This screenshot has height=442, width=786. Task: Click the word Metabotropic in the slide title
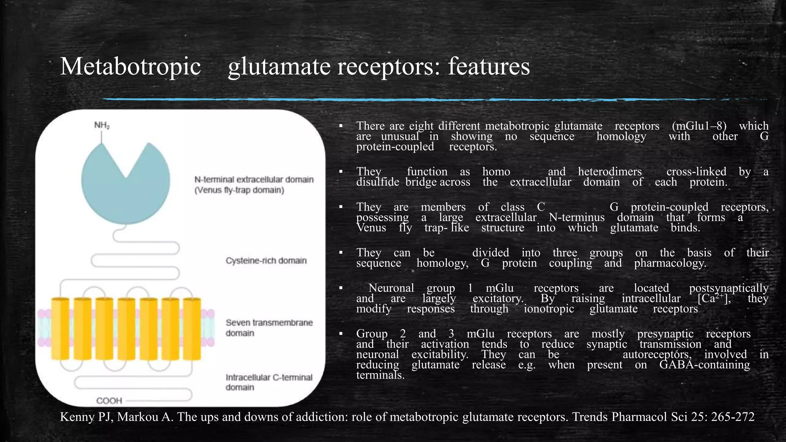tap(130, 66)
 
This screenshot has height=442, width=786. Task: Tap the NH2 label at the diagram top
tap(102, 125)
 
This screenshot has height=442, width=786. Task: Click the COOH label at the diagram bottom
tap(109, 401)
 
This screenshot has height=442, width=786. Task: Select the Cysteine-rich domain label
tap(266, 261)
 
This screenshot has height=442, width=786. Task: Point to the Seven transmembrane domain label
tap(269, 328)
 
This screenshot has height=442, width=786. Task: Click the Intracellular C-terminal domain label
tap(269, 382)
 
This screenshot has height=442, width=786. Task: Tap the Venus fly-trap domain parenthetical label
tap(239, 190)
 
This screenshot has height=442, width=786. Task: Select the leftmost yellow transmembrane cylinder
tap(60, 329)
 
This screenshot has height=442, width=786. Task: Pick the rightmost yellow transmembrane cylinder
tap(192, 329)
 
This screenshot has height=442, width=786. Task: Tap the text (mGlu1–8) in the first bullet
tap(699, 126)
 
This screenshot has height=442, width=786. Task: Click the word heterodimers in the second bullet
tap(610, 172)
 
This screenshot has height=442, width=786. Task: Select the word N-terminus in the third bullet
tap(576, 218)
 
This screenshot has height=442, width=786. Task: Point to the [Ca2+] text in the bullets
tap(713, 298)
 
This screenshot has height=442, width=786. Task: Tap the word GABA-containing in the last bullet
tap(704, 365)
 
